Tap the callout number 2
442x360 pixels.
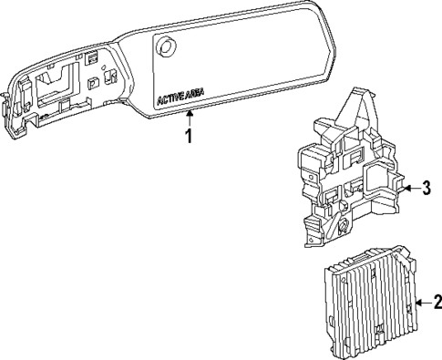(x=436, y=303)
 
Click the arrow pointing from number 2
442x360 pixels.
(x=419, y=303)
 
